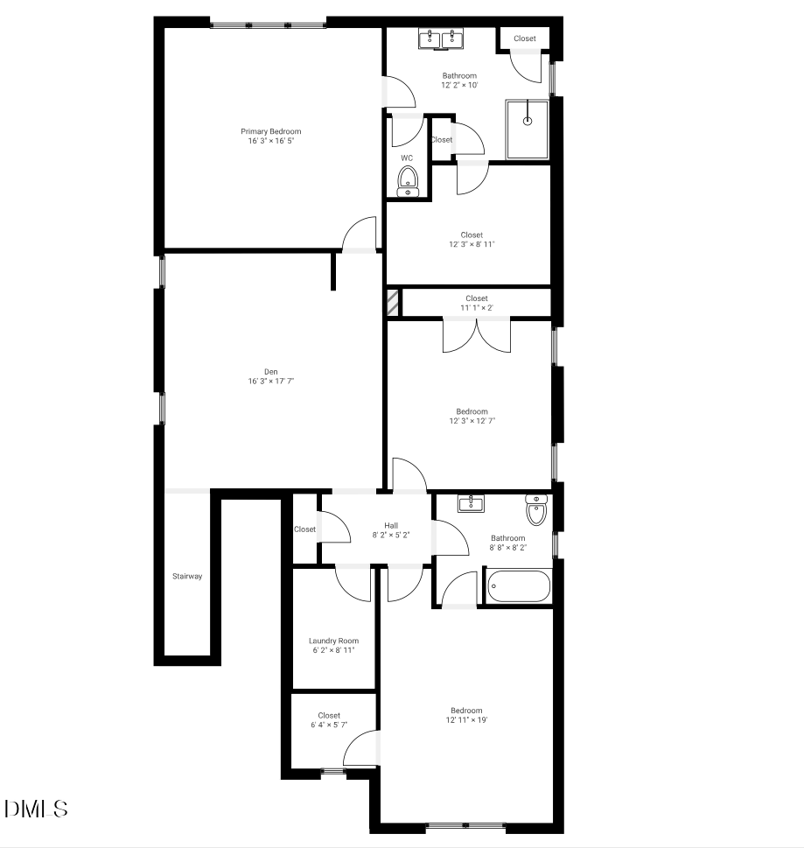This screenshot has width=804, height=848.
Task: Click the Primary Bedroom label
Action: point(271,131)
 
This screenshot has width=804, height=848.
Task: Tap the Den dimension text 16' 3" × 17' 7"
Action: point(271,382)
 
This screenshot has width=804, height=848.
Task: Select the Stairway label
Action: point(187,577)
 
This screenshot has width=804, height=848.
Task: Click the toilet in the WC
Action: point(408,181)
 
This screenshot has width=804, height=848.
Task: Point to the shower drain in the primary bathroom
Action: point(528,121)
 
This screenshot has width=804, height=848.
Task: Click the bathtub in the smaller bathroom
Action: point(519,586)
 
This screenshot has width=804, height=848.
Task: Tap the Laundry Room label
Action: point(333,641)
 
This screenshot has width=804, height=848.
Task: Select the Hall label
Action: point(391,526)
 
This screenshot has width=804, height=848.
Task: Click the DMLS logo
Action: point(36,809)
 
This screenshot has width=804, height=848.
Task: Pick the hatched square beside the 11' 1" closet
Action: point(393,303)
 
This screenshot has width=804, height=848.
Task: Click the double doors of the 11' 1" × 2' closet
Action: point(476,335)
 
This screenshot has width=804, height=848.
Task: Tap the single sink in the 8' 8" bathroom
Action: point(471,503)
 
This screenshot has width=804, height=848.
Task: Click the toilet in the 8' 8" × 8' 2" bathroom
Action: point(536,510)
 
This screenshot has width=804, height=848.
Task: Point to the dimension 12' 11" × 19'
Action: point(466,720)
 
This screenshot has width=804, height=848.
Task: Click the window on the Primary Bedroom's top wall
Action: point(269,25)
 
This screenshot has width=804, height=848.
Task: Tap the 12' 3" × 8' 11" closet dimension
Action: point(472,244)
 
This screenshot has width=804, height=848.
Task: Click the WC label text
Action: point(407,158)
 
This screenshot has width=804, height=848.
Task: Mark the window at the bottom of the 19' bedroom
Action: point(465,826)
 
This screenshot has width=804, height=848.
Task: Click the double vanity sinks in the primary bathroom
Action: point(441,39)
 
